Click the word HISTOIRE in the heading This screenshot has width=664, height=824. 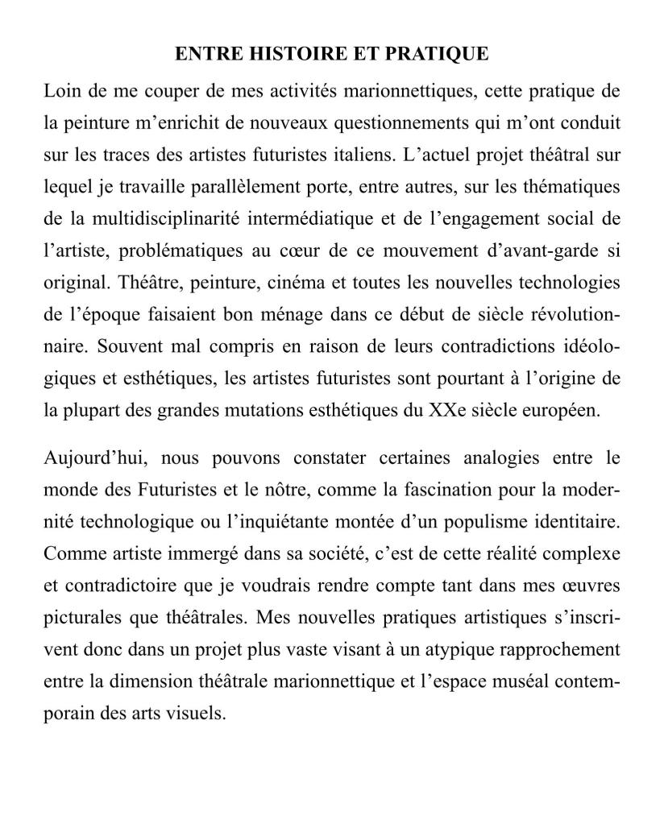click(281, 54)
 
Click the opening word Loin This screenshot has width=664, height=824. click(61, 91)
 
